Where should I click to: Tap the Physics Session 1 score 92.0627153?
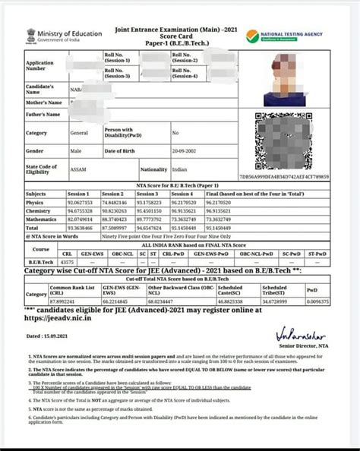point(80,203)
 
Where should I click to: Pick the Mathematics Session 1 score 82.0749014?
point(80,219)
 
